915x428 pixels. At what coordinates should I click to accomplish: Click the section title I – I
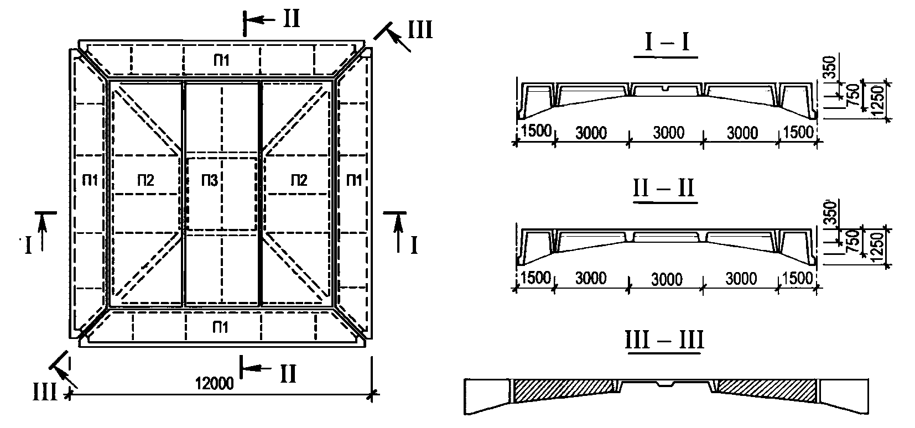point(667,44)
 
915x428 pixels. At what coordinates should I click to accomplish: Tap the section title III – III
point(664,339)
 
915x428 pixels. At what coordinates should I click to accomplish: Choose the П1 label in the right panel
point(353,180)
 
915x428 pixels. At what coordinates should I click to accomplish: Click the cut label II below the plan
point(288,374)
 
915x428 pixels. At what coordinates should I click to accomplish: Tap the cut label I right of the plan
point(414,244)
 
